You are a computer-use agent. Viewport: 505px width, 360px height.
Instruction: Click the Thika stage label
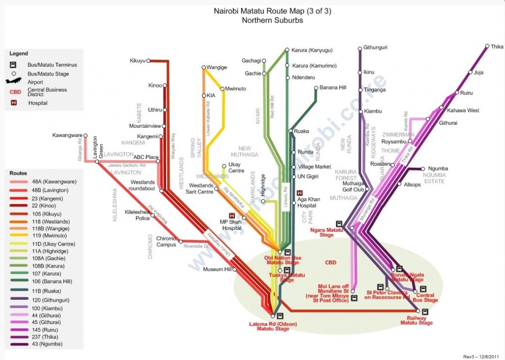497,47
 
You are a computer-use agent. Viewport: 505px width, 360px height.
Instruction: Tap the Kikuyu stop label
138,61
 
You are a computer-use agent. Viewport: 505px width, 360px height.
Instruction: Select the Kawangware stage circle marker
86,135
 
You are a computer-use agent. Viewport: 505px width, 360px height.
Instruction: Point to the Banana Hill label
333,88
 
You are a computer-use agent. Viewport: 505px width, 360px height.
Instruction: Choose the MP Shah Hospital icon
232,216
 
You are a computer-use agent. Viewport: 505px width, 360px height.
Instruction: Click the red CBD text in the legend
14,92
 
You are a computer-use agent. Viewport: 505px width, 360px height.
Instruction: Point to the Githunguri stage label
375,48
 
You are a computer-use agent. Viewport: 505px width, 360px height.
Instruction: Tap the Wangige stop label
216,67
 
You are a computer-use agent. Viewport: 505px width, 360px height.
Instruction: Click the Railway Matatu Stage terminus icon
425,312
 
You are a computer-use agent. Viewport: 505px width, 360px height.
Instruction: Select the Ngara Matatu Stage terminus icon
339,224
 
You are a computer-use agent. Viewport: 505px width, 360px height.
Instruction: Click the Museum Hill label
217,269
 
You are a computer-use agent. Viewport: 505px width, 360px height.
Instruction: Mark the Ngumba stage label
438,169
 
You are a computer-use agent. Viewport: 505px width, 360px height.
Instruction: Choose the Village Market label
315,167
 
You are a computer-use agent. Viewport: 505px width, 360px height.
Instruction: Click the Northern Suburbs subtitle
272,20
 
